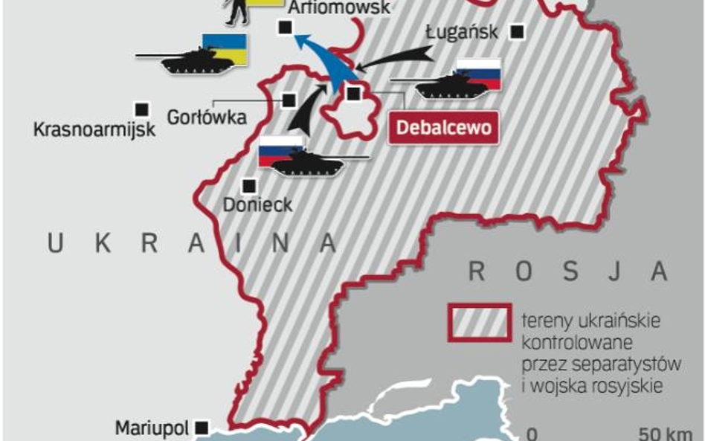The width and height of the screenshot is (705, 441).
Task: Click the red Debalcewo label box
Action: (x=444, y=127)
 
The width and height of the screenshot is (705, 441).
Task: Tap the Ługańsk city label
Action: (x=461, y=32)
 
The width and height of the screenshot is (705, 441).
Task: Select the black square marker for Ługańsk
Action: (x=517, y=32)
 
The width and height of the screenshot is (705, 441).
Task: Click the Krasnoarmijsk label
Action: (x=94, y=129)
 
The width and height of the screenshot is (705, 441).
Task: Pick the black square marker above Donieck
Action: (x=248, y=185)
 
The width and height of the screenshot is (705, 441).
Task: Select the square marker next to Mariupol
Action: (x=201, y=428)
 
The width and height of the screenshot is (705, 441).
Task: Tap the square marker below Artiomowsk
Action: (x=283, y=28)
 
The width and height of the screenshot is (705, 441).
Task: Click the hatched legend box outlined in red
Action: (x=479, y=323)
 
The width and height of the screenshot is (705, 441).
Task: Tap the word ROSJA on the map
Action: (x=568, y=271)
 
